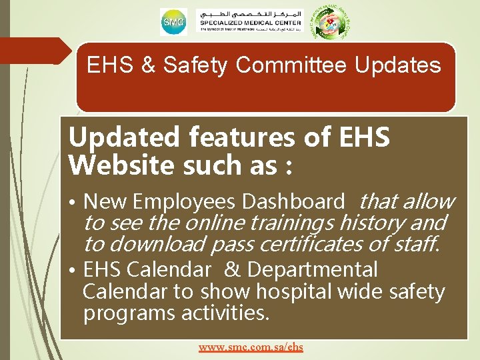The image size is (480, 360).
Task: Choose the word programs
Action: (x=127, y=313)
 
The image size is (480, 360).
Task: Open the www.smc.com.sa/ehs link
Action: (x=251, y=347)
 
